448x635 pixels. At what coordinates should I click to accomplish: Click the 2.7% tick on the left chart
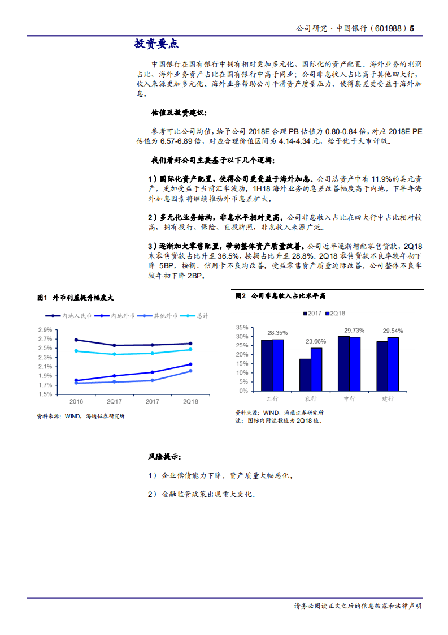click(45, 338)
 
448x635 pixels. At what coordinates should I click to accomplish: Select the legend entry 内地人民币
click(72, 315)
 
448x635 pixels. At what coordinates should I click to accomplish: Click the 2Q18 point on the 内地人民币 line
click(190, 344)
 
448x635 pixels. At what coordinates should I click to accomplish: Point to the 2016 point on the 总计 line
click(76, 351)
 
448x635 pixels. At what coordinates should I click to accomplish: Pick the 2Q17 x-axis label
click(114, 401)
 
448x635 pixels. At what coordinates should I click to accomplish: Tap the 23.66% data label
click(316, 341)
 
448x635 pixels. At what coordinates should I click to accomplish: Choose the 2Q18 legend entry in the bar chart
click(337, 313)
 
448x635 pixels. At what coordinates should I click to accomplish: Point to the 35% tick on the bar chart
click(242, 327)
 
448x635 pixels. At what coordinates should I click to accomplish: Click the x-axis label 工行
click(272, 399)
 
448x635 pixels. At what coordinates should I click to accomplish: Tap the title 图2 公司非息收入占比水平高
click(280, 296)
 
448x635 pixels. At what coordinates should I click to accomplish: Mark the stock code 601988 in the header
click(390, 28)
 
